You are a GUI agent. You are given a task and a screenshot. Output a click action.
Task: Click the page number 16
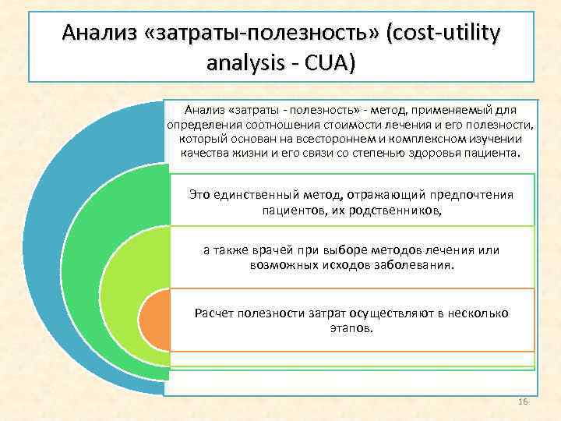[x=523, y=401]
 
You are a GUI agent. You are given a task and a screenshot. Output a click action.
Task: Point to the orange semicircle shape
[x=154, y=320]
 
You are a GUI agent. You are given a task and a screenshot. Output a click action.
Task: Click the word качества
[x=203, y=154]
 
